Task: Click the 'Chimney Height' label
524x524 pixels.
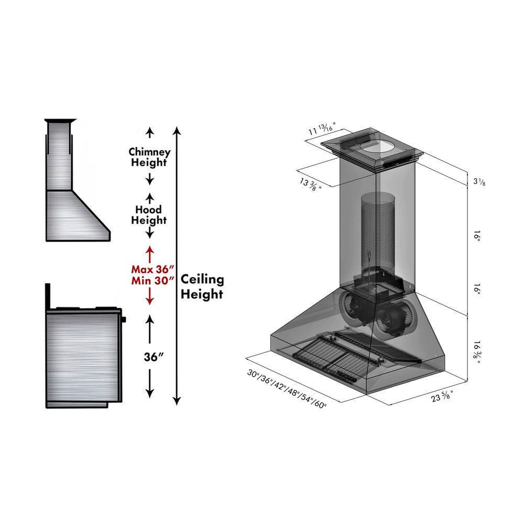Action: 149,157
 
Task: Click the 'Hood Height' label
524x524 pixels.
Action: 149,215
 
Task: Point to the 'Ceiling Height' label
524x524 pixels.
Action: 202,287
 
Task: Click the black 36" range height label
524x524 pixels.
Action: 154,357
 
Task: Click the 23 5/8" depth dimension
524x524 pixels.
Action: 442,397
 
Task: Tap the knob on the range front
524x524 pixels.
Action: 124,319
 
